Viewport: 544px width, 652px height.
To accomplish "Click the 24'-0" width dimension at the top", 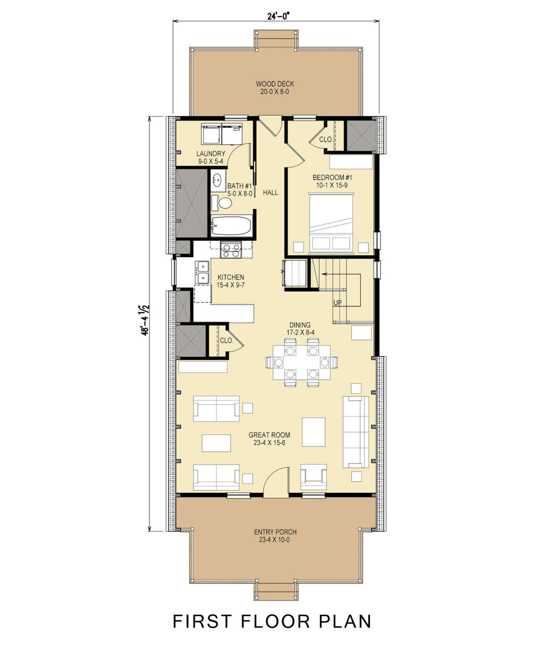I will pos(278,16).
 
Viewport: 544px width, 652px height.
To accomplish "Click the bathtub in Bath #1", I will pos(232,225).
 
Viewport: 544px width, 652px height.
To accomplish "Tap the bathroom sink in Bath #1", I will pos(218,180).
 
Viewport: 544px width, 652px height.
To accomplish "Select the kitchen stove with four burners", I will pos(230,249).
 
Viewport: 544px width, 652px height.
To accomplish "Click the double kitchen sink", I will pos(202,272).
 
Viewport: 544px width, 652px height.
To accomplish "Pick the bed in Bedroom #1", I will pos(330,222).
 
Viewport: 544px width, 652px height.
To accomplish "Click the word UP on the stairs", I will pos(338,302).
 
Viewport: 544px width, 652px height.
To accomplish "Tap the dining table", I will pos(301,362).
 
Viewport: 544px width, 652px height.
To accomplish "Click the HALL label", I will pos(270,192).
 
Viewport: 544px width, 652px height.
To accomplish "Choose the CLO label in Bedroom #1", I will pos(325,139).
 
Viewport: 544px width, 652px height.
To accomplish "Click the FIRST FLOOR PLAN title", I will pos(272,622).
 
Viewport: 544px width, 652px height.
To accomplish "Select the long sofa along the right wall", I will pos(355,432).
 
